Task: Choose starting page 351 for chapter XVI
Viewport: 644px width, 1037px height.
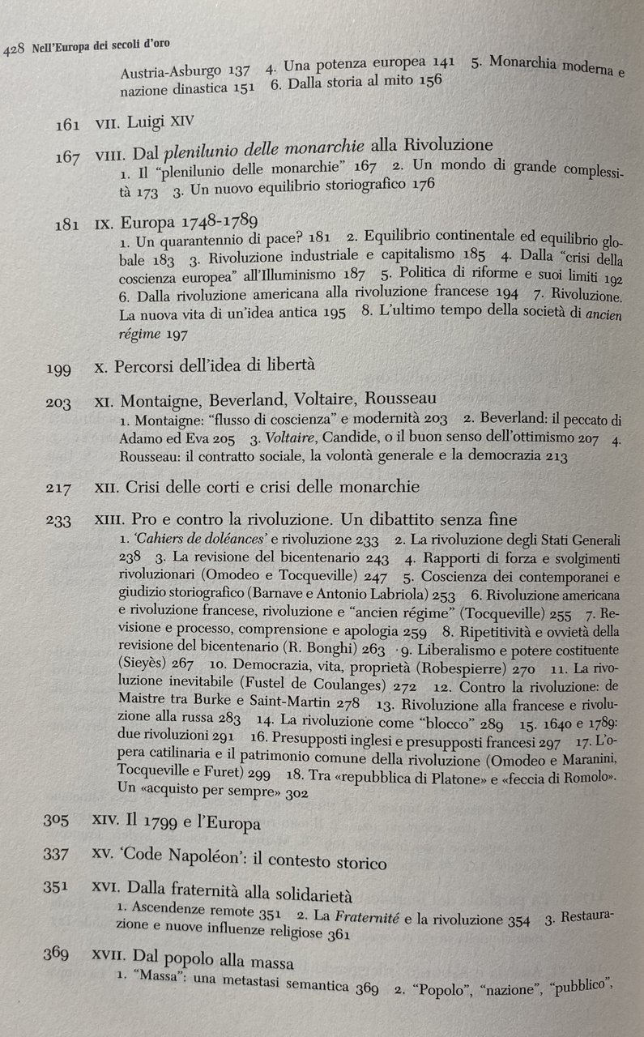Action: [58, 889]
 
